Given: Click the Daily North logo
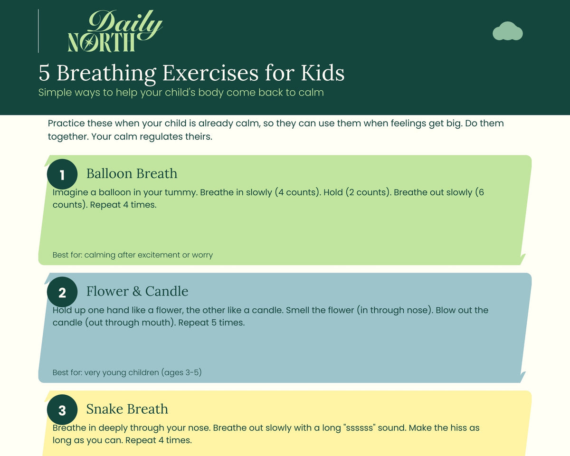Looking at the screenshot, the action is click(x=115, y=31).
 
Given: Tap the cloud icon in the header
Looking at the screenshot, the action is click(x=507, y=31).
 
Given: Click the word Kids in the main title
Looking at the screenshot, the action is click(x=323, y=73).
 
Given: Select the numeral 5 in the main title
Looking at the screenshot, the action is click(x=44, y=73).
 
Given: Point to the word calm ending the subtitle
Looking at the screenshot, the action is click(x=311, y=92).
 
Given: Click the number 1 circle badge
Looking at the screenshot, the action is click(x=62, y=174).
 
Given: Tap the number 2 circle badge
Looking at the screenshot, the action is click(x=62, y=292).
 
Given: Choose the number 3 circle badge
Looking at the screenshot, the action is click(x=62, y=409).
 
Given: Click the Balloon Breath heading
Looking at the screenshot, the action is click(x=132, y=173).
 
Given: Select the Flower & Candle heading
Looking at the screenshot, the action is click(x=137, y=291).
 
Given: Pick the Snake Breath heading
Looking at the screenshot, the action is click(x=127, y=409).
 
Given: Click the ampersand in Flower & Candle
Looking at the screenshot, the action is click(x=137, y=292).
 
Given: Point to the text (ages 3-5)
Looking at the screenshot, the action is click(x=183, y=372).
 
